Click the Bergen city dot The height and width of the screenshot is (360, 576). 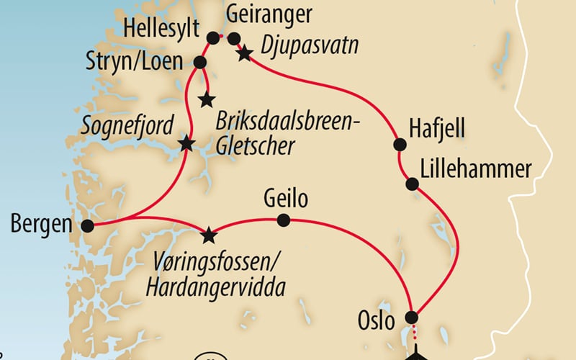(x=88, y=226)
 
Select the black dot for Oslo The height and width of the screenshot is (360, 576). (x=412, y=317)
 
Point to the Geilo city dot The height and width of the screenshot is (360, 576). (x=284, y=220)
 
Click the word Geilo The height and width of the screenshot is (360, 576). (x=286, y=199)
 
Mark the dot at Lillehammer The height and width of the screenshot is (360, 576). (x=412, y=184)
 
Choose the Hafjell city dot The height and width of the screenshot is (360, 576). (x=399, y=145)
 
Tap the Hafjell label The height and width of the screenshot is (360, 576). (x=437, y=129)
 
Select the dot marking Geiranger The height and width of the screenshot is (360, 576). (x=233, y=39)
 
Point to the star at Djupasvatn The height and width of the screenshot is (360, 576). (x=245, y=53)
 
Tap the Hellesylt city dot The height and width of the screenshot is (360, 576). (x=212, y=38)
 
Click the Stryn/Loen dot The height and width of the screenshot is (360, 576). (x=200, y=63)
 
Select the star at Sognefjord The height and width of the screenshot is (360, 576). (x=186, y=143)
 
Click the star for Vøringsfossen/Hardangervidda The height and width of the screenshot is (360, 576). (x=209, y=234)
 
